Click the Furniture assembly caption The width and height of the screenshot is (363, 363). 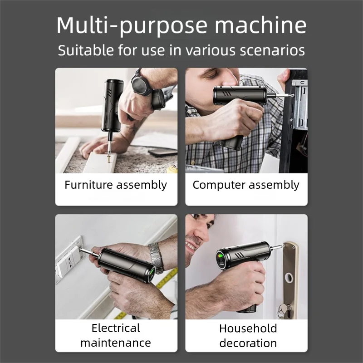[116, 185]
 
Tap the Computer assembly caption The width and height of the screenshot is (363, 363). [246, 185]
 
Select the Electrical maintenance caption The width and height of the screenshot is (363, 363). [116, 335]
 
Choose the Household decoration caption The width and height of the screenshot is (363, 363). [248, 335]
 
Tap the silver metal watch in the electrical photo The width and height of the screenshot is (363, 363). [156, 258]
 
